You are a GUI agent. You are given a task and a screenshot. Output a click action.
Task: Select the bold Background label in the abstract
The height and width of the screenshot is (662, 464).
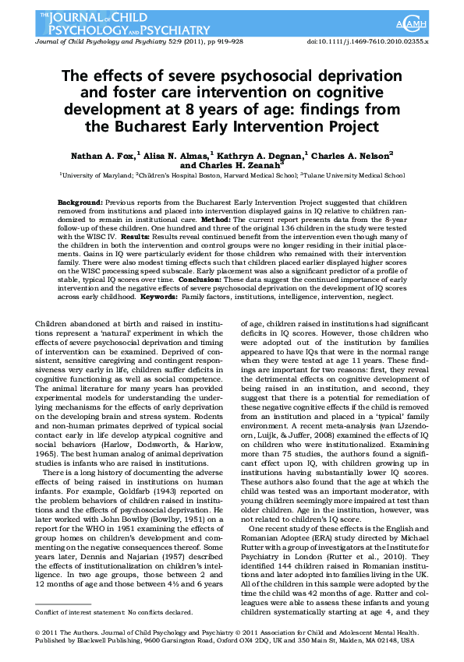tap(82, 202)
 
